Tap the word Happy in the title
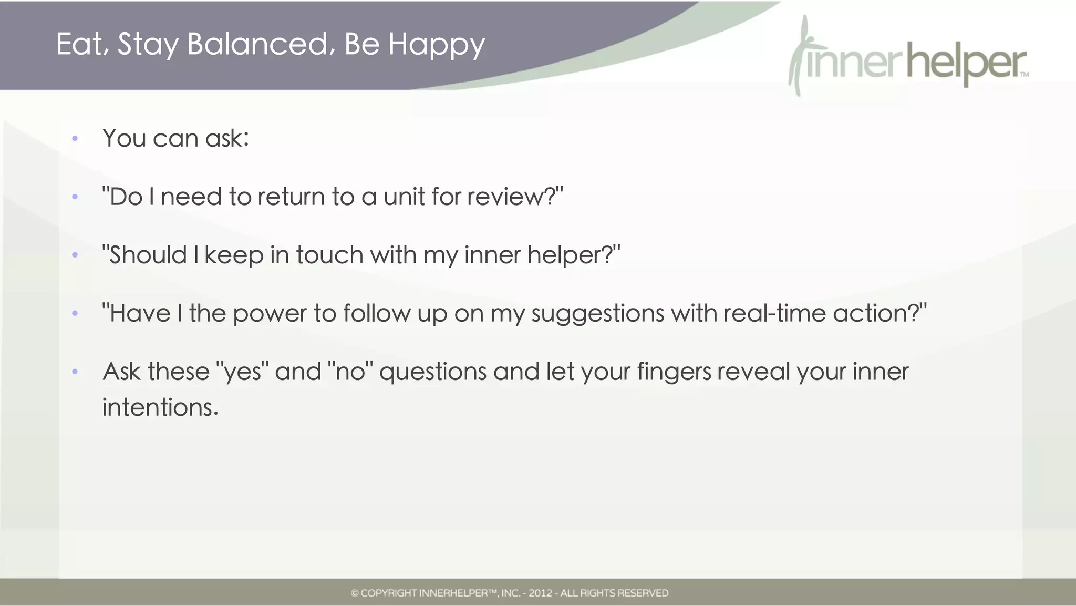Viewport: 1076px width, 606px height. point(436,45)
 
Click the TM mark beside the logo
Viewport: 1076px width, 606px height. point(1025,75)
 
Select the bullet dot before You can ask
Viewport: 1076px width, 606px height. point(75,139)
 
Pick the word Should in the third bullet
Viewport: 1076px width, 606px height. point(148,255)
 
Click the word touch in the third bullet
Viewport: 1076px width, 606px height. point(329,255)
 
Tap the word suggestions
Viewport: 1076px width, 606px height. point(598,314)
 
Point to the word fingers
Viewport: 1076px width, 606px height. point(674,372)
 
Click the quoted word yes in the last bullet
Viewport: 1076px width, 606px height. point(242,372)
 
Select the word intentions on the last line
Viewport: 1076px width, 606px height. point(160,407)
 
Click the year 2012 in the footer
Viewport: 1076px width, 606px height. point(540,593)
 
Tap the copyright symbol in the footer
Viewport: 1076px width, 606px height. point(355,593)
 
